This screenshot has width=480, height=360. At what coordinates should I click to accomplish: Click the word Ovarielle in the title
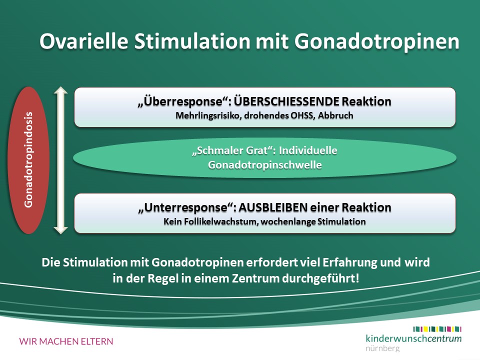click(x=84, y=41)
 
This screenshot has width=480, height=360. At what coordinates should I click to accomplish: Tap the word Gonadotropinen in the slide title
click(x=377, y=41)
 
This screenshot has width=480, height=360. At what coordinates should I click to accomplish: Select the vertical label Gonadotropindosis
click(x=28, y=160)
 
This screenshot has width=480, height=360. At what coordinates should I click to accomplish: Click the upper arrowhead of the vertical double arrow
click(x=60, y=91)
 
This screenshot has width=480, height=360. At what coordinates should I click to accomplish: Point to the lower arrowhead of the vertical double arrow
click(x=60, y=229)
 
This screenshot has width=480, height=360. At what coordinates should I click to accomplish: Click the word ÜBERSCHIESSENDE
click(x=286, y=101)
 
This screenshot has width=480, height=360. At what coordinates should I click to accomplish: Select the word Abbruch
click(x=335, y=115)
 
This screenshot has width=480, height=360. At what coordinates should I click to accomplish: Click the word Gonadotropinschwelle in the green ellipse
click(x=265, y=165)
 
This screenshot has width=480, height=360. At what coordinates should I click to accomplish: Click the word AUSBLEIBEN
click(x=273, y=207)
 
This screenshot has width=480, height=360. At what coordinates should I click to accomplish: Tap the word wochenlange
click(x=288, y=221)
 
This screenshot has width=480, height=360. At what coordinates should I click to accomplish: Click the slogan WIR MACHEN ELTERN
click(x=66, y=341)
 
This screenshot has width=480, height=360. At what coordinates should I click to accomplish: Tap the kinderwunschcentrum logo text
click(x=413, y=338)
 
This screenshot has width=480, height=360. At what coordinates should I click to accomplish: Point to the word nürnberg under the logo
click(x=382, y=348)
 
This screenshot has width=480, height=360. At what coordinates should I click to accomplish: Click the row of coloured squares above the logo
click(x=437, y=329)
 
